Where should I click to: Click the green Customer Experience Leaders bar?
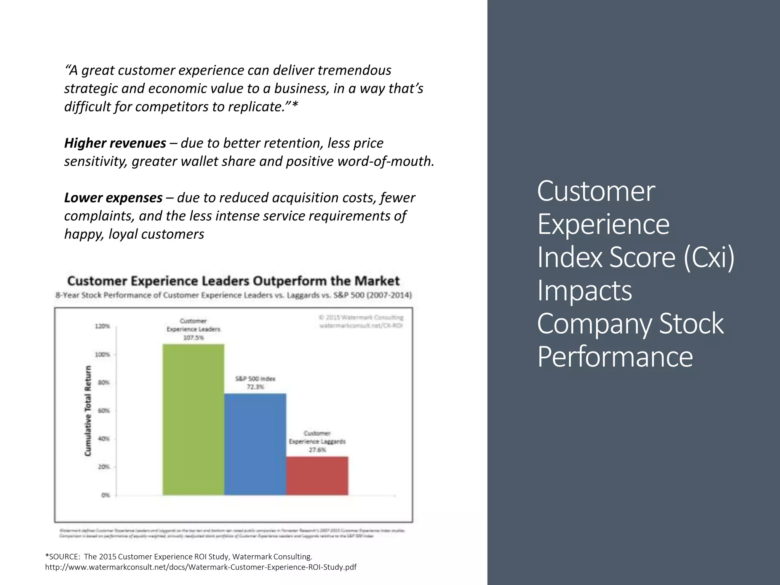[x=193, y=419]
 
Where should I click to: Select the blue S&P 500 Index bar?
[x=255, y=444]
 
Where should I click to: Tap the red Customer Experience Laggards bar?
[x=317, y=476]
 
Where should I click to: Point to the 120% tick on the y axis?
[x=102, y=326]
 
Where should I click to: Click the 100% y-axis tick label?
[x=102, y=355]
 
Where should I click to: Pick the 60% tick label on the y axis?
[x=104, y=411]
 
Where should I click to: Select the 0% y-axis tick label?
[x=105, y=495]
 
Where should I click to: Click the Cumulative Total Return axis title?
[x=88, y=411]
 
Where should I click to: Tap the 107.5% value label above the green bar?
[x=193, y=338]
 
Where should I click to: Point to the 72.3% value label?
[x=255, y=387]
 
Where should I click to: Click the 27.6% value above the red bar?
[x=317, y=450]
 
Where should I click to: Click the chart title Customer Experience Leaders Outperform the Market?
[x=233, y=281]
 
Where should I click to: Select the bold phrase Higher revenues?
[x=115, y=143]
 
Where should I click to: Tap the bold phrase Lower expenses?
[x=113, y=198]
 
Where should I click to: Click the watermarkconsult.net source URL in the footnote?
[x=201, y=567]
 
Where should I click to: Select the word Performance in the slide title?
[x=615, y=356]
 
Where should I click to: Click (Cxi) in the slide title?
[x=709, y=257]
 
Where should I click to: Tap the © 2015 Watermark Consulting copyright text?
[x=361, y=318]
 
